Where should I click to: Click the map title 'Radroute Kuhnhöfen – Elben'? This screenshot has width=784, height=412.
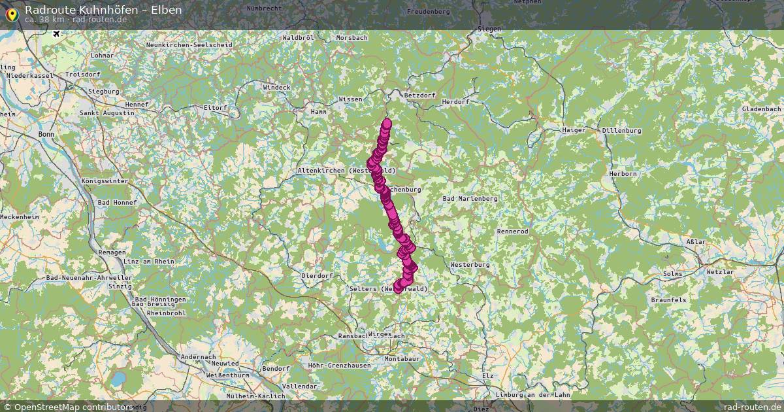click(103, 9)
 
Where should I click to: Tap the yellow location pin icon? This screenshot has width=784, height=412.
click(11, 13)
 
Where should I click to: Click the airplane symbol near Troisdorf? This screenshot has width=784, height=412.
click(56, 33)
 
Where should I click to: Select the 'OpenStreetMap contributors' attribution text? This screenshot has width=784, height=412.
click(72, 407)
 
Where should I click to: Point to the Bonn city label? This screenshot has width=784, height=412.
click(46, 134)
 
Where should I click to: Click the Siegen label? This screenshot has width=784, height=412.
click(489, 29)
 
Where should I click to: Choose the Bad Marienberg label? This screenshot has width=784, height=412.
click(470, 198)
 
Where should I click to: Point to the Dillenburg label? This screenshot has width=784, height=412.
click(622, 131)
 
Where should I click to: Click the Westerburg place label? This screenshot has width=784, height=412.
click(470, 264)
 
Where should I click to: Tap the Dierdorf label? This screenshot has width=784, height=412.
click(317, 276)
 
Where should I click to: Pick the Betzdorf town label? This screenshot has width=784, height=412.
click(420, 95)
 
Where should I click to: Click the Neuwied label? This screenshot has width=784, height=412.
click(224, 363)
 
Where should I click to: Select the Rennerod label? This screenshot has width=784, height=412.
click(512, 232)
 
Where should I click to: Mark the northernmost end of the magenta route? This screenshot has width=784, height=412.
click(387, 123)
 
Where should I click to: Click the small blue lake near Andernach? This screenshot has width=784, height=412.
click(118, 379)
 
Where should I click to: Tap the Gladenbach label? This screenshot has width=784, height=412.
click(761, 109)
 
